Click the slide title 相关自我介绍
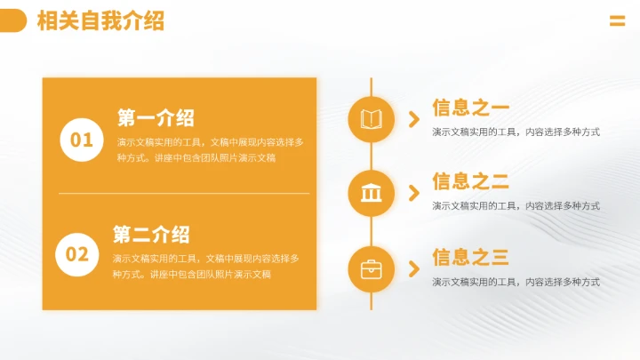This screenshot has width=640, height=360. [x=100, y=21]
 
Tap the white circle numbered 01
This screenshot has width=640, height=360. [x=81, y=140]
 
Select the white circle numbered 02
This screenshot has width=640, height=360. [x=77, y=255]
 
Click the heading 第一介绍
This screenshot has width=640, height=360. [x=156, y=118]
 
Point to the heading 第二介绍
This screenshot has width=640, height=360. [x=151, y=235]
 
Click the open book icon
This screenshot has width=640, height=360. [x=371, y=119]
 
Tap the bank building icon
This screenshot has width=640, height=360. [x=371, y=193]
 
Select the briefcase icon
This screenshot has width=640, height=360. [x=371, y=268]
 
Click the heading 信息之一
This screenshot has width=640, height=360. [x=470, y=108]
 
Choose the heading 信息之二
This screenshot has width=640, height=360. [x=470, y=182]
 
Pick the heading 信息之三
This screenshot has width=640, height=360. [x=470, y=258]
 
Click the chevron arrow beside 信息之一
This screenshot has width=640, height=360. [x=413, y=119]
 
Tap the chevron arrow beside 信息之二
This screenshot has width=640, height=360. [x=413, y=193]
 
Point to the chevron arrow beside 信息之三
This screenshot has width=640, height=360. [x=413, y=268]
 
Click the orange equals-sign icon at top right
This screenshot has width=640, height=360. [x=617, y=22]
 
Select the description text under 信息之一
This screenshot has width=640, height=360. [x=516, y=132]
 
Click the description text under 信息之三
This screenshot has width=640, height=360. [x=516, y=282]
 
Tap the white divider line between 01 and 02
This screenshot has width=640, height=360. [x=184, y=193]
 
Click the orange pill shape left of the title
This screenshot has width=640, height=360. [x=12, y=21]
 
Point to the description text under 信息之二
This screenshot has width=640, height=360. [x=516, y=206]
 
